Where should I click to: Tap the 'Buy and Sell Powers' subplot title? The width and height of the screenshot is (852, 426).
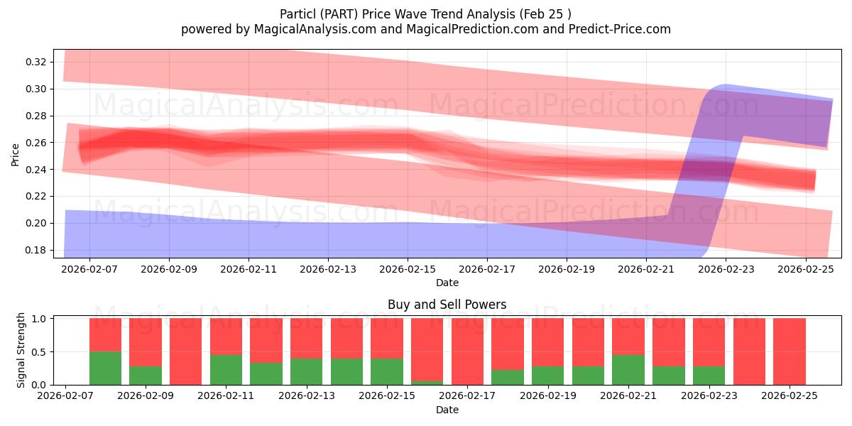(447, 305)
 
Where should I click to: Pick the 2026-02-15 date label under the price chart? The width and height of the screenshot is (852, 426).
(408, 270)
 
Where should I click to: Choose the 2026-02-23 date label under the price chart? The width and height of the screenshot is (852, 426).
(726, 270)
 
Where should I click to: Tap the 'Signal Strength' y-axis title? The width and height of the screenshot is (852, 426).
(21, 350)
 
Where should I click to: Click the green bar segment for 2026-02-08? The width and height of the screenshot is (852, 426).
(105, 368)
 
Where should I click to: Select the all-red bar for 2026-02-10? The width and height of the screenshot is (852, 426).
(185, 351)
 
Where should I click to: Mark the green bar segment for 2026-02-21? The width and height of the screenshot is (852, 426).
(628, 369)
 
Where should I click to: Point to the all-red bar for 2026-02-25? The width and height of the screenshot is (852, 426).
(789, 351)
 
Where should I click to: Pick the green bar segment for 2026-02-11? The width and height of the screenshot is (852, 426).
(226, 369)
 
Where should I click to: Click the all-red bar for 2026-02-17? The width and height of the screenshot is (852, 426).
(467, 351)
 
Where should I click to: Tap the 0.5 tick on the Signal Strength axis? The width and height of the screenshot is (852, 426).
(40, 351)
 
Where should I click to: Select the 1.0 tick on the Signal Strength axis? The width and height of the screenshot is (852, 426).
(40, 319)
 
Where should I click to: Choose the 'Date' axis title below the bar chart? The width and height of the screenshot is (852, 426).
(447, 410)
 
